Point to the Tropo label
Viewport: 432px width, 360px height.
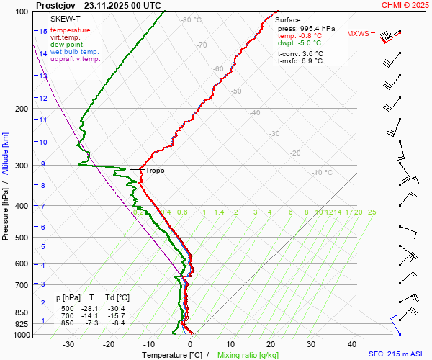tap(155, 171)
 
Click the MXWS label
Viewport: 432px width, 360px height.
tap(358, 34)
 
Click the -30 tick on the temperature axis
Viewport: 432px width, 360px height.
tap(68, 344)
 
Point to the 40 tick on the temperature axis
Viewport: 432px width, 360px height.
tap(353, 344)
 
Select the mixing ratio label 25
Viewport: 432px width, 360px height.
tap(372, 212)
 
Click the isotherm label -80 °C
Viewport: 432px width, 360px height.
tap(192, 20)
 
